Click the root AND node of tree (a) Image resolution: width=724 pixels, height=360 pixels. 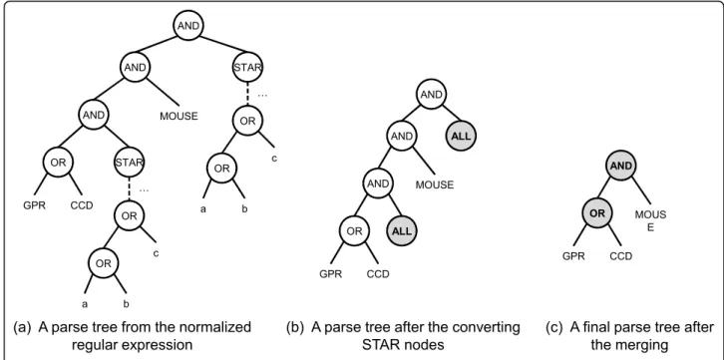(188, 26)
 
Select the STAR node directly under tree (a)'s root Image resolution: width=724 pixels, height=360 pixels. (247, 68)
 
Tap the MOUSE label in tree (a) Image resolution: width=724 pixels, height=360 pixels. (179, 117)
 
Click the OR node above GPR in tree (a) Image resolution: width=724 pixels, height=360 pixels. (58, 163)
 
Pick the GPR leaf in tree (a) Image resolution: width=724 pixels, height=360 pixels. (35, 204)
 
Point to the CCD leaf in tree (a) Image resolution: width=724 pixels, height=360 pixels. (82, 204)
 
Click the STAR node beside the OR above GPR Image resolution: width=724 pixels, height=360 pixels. (130, 163)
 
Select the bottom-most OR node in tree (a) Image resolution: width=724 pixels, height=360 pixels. (103, 263)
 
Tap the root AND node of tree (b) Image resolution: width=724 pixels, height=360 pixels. (432, 95)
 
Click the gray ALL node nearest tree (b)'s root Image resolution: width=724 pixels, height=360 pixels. (460, 137)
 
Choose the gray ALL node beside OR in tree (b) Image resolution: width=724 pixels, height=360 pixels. (402, 231)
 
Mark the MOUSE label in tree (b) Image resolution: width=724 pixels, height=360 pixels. (435, 185)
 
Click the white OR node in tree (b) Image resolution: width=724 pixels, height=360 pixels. (355, 231)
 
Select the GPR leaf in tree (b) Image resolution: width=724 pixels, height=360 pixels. (331, 274)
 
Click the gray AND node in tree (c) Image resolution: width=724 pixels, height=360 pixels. (621, 166)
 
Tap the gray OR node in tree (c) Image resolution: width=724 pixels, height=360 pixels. (597, 212)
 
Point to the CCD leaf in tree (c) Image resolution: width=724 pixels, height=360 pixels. (621, 255)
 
